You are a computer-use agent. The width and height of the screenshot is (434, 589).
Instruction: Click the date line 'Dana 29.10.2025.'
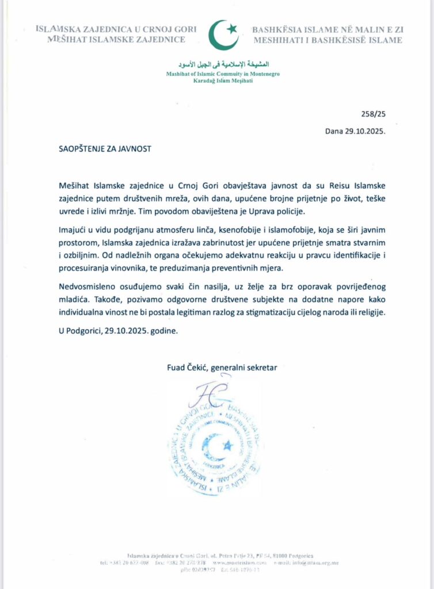355,131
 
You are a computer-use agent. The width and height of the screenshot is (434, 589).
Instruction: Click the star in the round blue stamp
226,445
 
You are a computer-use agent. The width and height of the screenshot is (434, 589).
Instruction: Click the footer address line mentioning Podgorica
220,554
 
